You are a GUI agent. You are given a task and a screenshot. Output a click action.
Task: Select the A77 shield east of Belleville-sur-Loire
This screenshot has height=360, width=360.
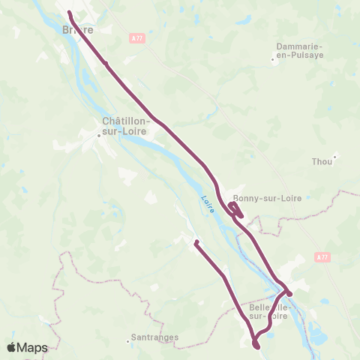tap(322, 256)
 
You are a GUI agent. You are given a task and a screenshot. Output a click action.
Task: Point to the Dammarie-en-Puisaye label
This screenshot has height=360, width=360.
tap(298, 49)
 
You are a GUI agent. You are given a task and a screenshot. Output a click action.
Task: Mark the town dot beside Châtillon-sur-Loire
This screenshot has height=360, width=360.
tap(99, 136)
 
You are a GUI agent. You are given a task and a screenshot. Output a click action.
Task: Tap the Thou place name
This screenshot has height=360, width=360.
tap(321, 161)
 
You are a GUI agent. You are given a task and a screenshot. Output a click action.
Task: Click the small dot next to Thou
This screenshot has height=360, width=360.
tap(334, 156)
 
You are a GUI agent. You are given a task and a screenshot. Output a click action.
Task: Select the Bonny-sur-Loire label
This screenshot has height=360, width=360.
tap(267, 198)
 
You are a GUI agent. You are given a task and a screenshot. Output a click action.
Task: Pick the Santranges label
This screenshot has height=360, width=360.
tap(154, 337)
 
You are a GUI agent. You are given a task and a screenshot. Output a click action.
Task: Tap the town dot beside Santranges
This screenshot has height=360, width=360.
tap(127, 341)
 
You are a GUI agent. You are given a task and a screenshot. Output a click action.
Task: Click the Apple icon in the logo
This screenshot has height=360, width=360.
tap(12, 347)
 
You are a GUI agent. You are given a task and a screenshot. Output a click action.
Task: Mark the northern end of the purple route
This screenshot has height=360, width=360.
tap(69, 13)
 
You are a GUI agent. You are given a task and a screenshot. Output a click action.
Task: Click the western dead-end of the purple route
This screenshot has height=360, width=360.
tap(195, 242)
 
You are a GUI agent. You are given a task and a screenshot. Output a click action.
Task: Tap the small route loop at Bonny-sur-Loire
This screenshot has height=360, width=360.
tap(235, 208)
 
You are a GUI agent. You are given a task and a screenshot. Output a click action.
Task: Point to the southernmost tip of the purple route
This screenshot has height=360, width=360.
tap(256, 347)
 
